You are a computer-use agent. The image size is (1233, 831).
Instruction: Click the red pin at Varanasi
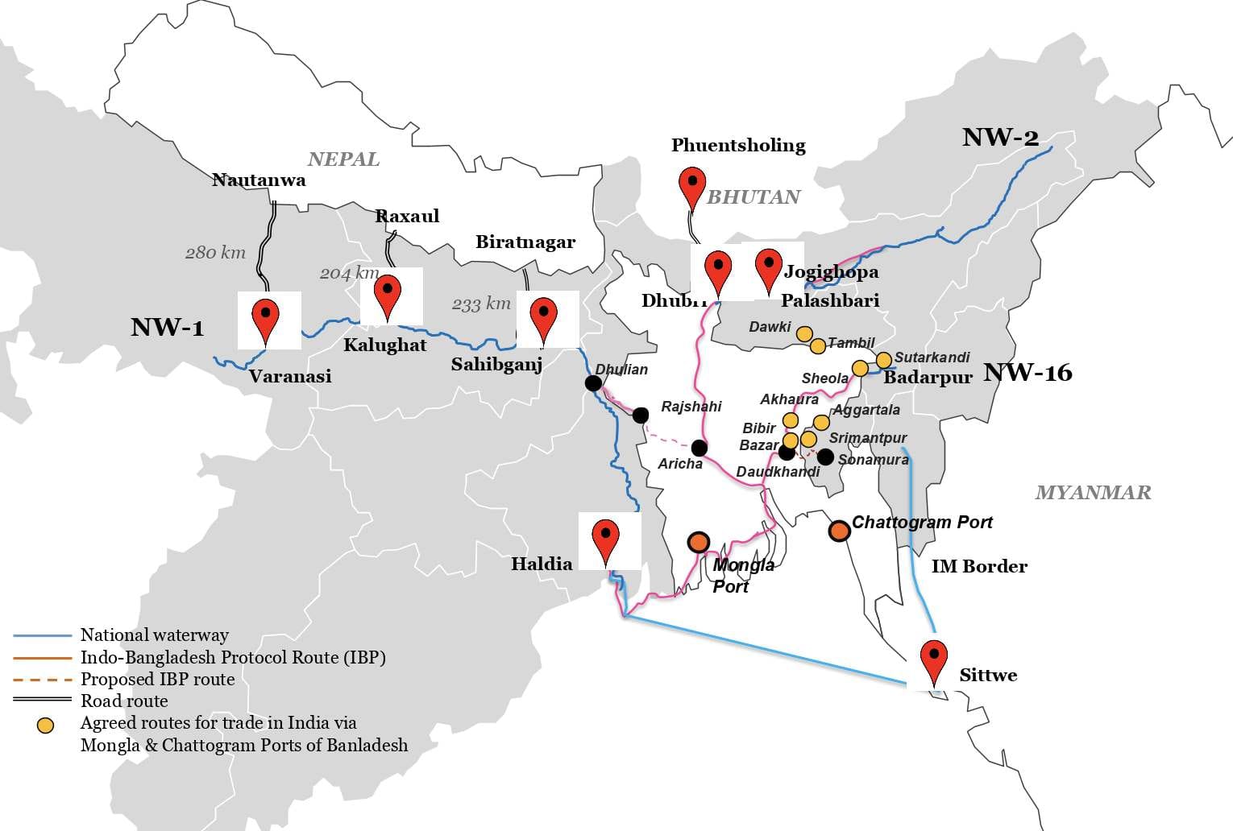[x=266, y=319]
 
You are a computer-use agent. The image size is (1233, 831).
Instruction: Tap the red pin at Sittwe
[x=934, y=660]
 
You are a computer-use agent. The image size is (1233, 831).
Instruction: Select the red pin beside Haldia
[x=605, y=540]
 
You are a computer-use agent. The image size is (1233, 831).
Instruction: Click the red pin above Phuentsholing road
[x=692, y=187]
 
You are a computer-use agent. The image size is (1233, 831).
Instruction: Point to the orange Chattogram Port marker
[x=840, y=531]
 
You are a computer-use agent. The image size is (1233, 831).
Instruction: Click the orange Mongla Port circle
[x=699, y=542]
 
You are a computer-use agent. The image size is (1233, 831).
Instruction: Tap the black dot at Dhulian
[x=593, y=383]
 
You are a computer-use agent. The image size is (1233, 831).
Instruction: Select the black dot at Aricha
[x=700, y=448]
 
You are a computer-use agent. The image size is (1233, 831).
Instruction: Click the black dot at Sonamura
[x=825, y=457]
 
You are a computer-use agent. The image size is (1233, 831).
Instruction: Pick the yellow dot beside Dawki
[x=804, y=333]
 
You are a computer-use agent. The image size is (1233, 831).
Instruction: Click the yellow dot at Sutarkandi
[x=884, y=359]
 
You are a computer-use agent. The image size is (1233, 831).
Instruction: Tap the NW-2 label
[x=1000, y=137]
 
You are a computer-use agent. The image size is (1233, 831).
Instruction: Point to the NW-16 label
[x=1027, y=372]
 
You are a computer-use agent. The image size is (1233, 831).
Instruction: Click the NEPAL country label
[x=343, y=159]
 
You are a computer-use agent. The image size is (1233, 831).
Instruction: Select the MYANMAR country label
[x=1093, y=492]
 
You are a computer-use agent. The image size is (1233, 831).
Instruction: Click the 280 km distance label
[x=215, y=252]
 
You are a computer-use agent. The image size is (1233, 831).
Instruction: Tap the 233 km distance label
[x=481, y=304]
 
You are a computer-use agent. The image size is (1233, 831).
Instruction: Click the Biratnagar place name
[x=525, y=242]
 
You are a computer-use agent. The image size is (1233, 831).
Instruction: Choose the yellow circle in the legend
[x=46, y=725]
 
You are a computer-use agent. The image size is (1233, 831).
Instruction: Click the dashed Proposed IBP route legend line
[x=43, y=679]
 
